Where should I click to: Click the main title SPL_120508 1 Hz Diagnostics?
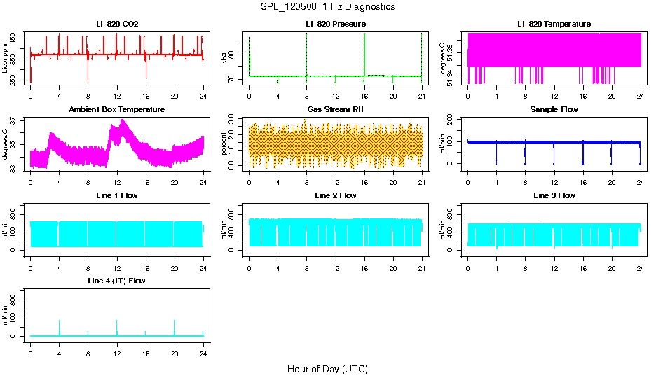tap(327, 7)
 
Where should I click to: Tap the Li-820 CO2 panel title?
tap(117, 24)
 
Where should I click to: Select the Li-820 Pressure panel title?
tap(336, 24)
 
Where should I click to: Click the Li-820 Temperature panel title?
tap(554, 24)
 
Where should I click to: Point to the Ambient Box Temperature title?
tap(117, 110)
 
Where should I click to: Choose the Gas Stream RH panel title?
tap(336, 110)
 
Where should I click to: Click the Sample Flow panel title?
tap(554, 110)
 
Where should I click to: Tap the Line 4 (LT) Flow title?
tap(117, 281)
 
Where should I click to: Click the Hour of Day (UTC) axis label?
tap(327, 369)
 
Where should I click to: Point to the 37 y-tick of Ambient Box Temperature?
tap(15, 120)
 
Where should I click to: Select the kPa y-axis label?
tap(224, 59)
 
